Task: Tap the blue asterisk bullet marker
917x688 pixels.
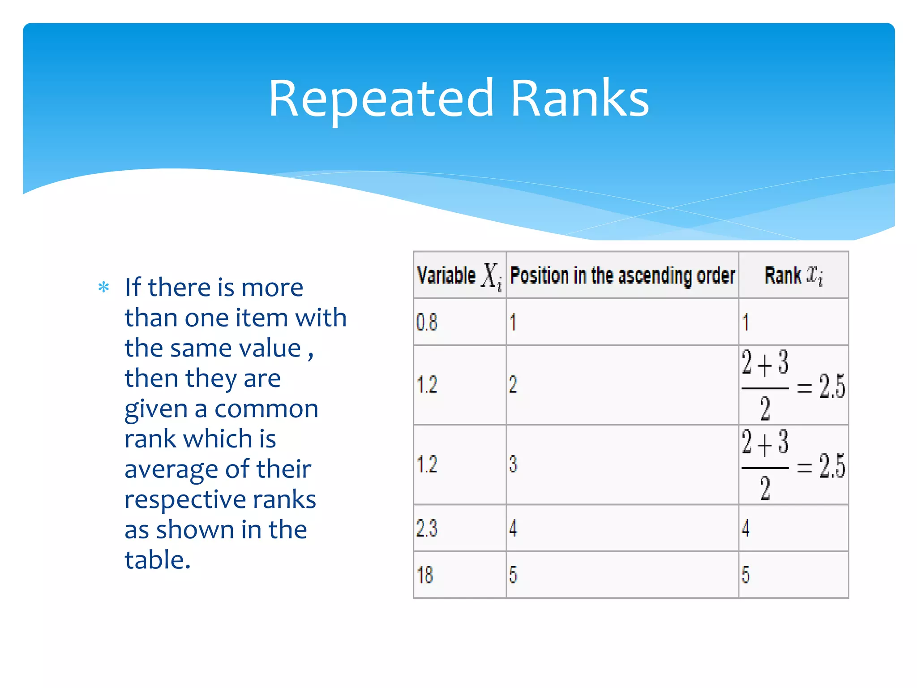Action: coord(103,287)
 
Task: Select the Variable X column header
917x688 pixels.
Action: coord(459,275)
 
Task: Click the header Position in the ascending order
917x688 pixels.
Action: coord(622,275)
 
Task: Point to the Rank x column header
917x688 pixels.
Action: coord(793,275)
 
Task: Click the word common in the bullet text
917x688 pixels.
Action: coord(266,409)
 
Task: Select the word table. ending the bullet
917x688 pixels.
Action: coord(158,560)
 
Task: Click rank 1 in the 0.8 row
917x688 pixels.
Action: coord(746,322)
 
